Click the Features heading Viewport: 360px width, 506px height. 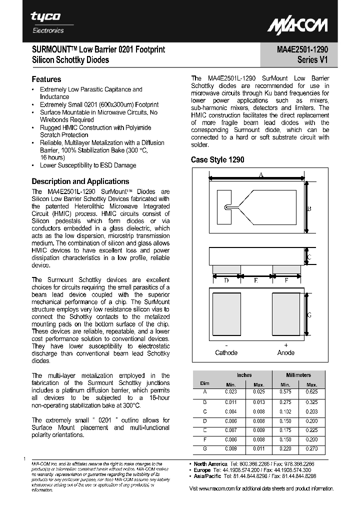click(46, 79)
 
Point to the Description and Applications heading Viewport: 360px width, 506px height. click(80, 181)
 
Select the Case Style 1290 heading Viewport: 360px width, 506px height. click(217, 160)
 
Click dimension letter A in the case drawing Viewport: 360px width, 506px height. click(261, 174)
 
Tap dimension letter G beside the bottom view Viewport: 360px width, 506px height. click(309, 315)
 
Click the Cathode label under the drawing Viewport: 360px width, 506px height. click(226, 353)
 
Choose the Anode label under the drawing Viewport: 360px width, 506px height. click(286, 353)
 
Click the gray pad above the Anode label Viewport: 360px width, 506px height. click(286, 314)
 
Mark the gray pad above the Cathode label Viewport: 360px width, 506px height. click(226, 314)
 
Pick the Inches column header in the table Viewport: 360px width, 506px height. click(244, 375)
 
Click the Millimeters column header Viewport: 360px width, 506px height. click(298, 375)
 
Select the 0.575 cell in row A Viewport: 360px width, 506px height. click(285, 392)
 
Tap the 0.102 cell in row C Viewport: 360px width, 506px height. click(285, 411)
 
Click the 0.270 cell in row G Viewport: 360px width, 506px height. click(312, 449)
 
